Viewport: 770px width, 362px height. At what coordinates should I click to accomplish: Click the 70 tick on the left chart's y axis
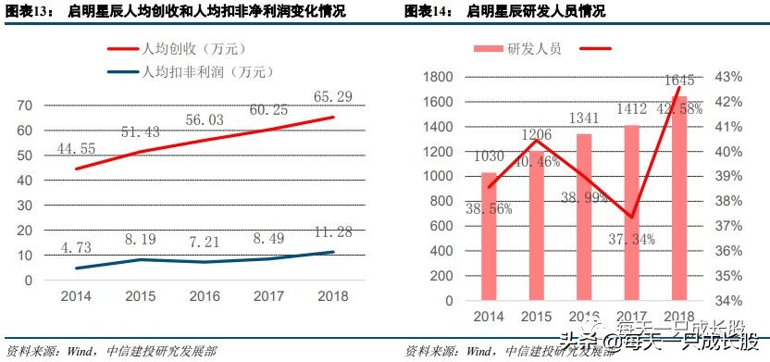[25, 106]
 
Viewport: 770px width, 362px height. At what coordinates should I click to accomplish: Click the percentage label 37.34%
[632, 240]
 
